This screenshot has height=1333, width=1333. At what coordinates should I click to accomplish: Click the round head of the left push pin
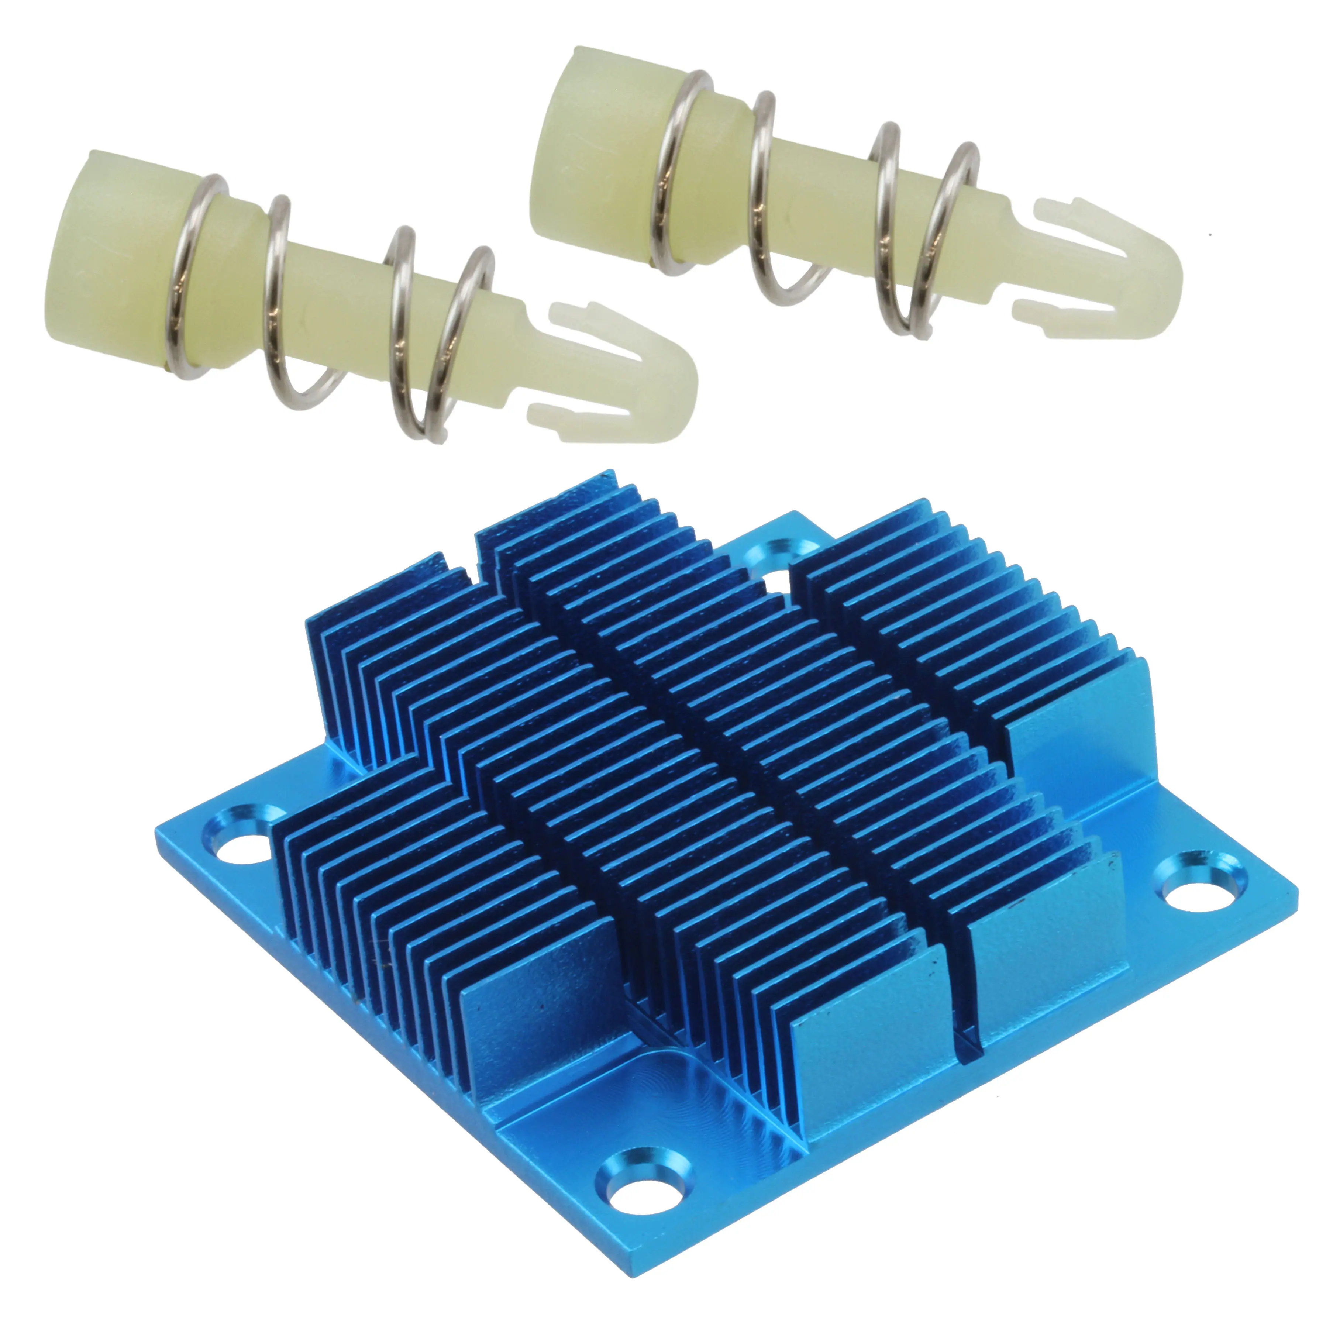point(103,263)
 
